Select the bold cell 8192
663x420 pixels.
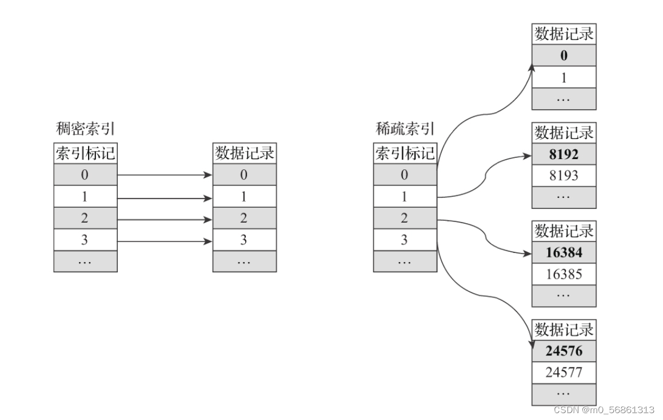coord(564,154)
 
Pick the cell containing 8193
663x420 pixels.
coord(564,176)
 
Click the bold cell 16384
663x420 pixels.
coord(564,253)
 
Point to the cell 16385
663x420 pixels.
coord(564,274)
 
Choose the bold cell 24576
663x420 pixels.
coord(564,351)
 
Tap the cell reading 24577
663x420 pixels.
coord(564,373)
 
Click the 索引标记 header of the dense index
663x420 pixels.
coord(85,153)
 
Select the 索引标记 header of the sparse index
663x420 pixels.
coord(405,153)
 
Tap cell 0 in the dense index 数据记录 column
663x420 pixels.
coord(244,175)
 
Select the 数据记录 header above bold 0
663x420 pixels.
coord(564,34)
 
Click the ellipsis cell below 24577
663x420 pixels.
coord(564,394)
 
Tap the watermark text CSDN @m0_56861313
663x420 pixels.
coord(604,410)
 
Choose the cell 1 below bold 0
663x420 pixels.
coord(564,77)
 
